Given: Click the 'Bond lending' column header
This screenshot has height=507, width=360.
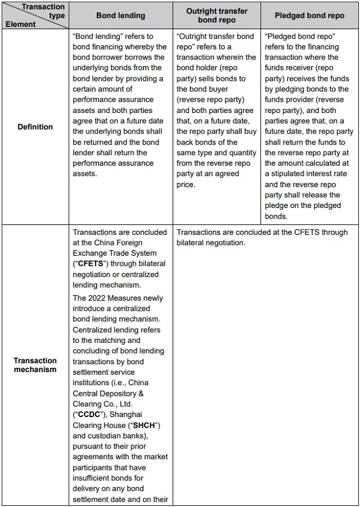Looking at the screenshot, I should (x=120, y=16).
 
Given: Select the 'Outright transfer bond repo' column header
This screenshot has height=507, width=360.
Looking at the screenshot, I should (x=217, y=15).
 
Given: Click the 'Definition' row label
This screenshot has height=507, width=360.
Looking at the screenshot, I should (x=35, y=127).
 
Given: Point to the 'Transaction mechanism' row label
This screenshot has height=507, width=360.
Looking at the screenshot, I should (x=35, y=365).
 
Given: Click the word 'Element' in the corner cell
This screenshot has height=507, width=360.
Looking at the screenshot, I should (x=21, y=24).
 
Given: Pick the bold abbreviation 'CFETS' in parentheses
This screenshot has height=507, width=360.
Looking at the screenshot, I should (x=92, y=264).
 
